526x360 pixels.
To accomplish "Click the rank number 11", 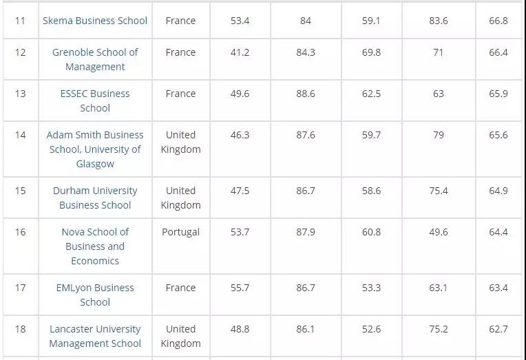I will (20, 21).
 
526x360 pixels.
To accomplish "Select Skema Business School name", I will (95, 21).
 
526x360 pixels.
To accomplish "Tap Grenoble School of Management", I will (95, 59).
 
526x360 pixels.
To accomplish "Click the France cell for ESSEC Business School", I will (180, 94).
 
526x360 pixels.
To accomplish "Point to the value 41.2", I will (240, 52).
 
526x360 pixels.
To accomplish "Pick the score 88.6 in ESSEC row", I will (306, 94).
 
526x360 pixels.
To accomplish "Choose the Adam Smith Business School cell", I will (95, 149).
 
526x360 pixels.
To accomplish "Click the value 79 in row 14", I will (439, 135).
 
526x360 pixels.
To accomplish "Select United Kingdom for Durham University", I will (180, 198).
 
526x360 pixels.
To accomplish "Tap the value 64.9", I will (498, 191).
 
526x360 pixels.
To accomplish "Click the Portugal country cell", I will (180, 232).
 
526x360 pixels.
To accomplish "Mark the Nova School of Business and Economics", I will (95, 246).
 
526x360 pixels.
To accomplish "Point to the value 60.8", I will (371, 232).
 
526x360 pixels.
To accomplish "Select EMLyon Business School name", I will (95, 295).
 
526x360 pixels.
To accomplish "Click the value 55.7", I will (240, 288).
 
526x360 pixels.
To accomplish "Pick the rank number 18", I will (20, 329).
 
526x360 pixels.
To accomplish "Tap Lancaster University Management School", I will (95, 336).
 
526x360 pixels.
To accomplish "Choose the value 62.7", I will (498, 329).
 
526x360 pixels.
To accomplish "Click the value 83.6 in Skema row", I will (439, 21).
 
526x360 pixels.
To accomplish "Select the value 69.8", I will (371, 52).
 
